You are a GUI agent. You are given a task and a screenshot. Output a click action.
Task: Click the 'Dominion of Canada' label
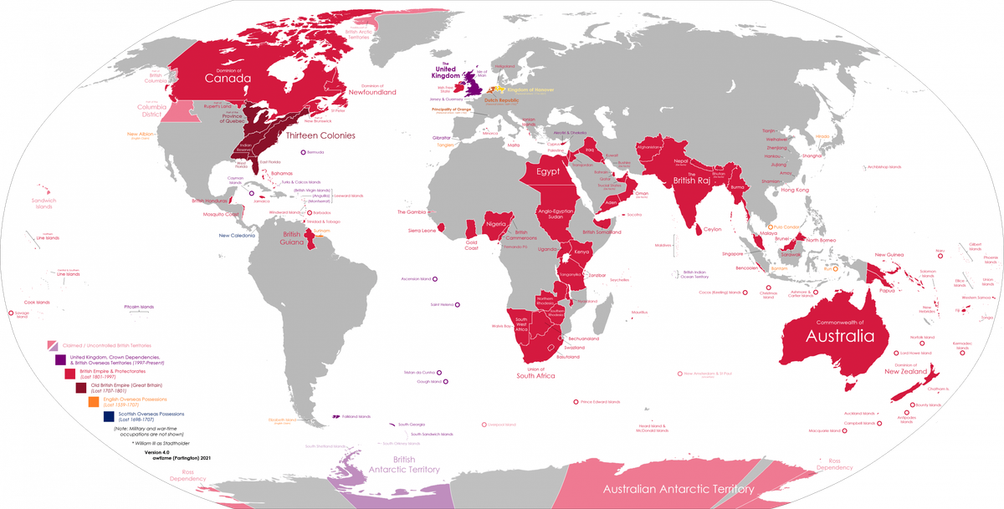(x=228, y=77)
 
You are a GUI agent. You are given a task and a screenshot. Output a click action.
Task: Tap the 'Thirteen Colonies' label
(x=320, y=135)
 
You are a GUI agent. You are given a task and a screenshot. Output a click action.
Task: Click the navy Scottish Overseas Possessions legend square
(x=108, y=415)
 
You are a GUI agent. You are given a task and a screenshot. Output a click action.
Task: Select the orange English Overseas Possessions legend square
(x=94, y=401)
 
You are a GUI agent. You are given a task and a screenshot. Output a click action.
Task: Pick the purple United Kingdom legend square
(x=59, y=359)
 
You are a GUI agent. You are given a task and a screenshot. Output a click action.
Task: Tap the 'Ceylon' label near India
(x=712, y=229)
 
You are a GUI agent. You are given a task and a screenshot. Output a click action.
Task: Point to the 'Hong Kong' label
(x=797, y=191)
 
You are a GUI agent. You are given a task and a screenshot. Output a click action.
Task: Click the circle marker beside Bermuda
(x=303, y=152)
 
